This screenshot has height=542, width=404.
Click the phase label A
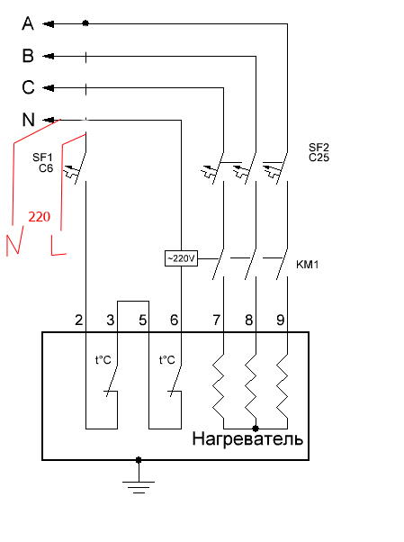[28, 23]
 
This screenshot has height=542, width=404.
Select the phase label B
[28, 56]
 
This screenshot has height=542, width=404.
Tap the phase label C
[28, 87]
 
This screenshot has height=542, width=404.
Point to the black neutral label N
[28, 120]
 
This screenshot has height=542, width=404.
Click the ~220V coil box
[181, 258]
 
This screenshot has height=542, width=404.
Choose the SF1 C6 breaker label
[43, 162]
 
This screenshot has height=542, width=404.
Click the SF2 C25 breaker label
[319, 152]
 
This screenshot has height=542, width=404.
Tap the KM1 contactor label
[307, 265]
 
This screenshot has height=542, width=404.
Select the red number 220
[39, 217]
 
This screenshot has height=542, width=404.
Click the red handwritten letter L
[58, 246]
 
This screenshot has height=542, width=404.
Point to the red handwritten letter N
[15, 241]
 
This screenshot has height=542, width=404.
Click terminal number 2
[79, 321]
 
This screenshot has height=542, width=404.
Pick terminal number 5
[142, 321]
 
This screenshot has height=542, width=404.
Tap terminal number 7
[216, 321]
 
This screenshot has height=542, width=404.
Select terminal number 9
[280, 321]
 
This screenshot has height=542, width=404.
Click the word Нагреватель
[247, 439]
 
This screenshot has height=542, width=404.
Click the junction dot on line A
[85, 23]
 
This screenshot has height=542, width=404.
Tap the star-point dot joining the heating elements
[256, 429]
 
